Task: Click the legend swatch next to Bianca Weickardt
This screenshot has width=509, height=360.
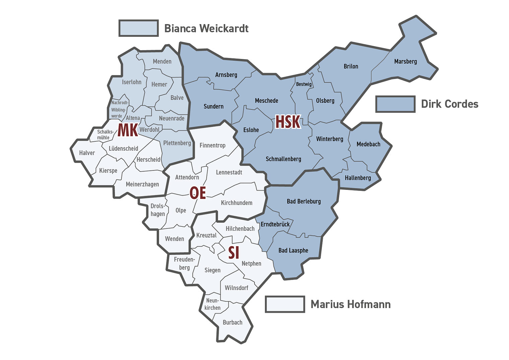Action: click(x=139, y=28)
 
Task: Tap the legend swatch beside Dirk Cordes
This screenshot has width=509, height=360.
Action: click(x=395, y=104)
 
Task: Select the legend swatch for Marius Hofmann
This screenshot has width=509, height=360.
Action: click(x=285, y=304)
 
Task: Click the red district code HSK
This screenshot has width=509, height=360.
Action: click(x=288, y=122)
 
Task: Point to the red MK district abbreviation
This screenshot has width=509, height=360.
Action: click(x=128, y=130)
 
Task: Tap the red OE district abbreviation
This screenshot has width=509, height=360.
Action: click(x=198, y=193)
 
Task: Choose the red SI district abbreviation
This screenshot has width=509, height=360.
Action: click(x=233, y=253)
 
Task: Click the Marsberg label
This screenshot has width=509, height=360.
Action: click(x=405, y=62)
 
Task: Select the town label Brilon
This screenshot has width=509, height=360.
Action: click(x=351, y=66)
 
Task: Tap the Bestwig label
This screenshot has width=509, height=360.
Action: click(x=304, y=84)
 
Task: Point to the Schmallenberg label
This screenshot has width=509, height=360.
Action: click(x=283, y=159)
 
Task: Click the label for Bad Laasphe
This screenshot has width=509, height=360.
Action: click(x=293, y=250)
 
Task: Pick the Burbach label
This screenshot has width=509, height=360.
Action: click(x=232, y=322)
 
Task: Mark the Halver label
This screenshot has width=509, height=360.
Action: click(x=87, y=153)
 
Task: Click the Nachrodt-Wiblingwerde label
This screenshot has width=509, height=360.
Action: click(x=119, y=109)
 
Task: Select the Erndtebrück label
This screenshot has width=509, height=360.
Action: click(x=275, y=224)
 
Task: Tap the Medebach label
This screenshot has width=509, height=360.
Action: click(x=368, y=144)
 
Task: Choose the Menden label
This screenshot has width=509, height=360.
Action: click(x=162, y=62)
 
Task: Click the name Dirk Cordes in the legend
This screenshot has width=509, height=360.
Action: click(x=449, y=104)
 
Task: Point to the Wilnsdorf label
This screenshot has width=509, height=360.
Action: click(x=236, y=288)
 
